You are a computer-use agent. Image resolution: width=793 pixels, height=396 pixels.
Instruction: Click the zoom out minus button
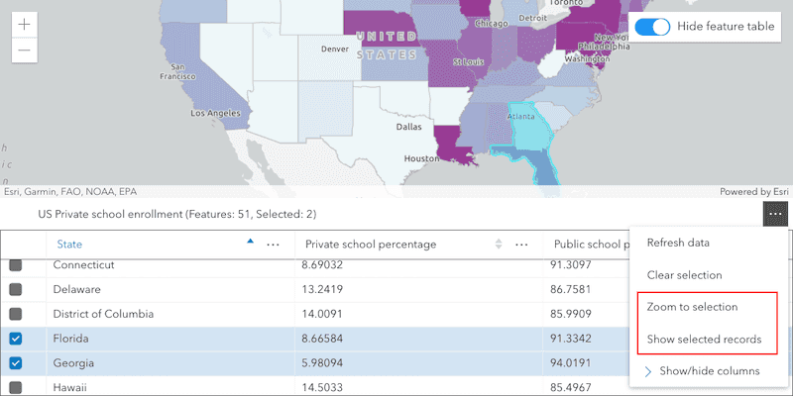(x=25, y=49)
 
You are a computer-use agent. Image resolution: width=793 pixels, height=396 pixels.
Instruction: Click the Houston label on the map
(x=421, y=158)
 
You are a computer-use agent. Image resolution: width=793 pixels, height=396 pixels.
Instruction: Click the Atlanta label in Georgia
(x=522, y=116)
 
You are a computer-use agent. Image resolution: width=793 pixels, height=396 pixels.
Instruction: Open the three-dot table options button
(x=775, y=214)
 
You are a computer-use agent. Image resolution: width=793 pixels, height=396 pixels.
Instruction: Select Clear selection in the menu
(x=698, y=275)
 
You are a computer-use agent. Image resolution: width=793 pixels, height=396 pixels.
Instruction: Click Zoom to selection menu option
(x=702, y=307)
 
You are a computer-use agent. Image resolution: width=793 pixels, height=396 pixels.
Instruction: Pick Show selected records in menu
(x=704, y=340)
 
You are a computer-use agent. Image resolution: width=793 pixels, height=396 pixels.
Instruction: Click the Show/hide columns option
(x=709, y=371)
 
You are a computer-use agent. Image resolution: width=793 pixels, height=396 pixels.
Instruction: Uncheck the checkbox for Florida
(x=17, y=339)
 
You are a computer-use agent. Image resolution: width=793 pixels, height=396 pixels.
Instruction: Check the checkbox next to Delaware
(x=17, y=290)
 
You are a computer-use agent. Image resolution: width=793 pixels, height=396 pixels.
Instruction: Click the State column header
(x=69, y=245)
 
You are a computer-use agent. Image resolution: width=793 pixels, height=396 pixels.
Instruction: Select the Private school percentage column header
(x=371, y=245)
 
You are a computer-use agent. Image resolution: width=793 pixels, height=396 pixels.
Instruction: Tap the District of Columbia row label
(x=103, y=314)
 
